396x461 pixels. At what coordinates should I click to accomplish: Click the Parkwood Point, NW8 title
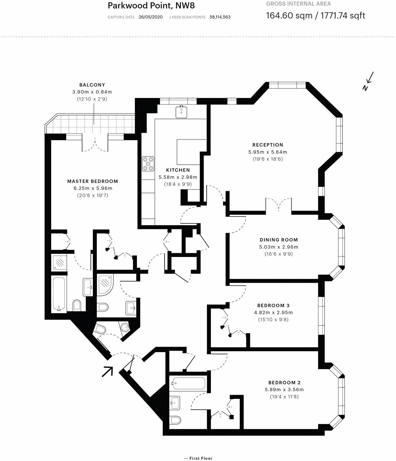(x=151, y=6)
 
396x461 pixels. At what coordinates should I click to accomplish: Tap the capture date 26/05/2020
(x=150, y=17)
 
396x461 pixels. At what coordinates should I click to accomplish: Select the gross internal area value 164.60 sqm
(x=289, y=16)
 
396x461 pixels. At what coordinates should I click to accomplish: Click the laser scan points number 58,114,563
(x=220, y=17)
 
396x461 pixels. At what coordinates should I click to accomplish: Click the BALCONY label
(x=92, y=85)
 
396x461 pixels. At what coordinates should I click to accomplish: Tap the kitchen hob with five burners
(x=148, y=164)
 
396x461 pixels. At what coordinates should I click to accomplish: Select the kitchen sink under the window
(x=181, y=112)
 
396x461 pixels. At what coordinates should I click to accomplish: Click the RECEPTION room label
(x=267, y=145)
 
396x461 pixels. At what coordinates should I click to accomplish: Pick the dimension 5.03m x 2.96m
(x=279, y=247)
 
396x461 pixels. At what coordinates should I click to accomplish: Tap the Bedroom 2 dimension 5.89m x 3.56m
(x=284, y=390)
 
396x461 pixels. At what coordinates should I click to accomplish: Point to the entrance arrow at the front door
(x=107, y=371)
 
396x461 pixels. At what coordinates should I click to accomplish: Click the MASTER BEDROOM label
(x=92, y=181)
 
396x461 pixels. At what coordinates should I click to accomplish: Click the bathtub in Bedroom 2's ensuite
(x=189, y=383)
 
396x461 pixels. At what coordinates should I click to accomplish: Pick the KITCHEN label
(x=178, y=170)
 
